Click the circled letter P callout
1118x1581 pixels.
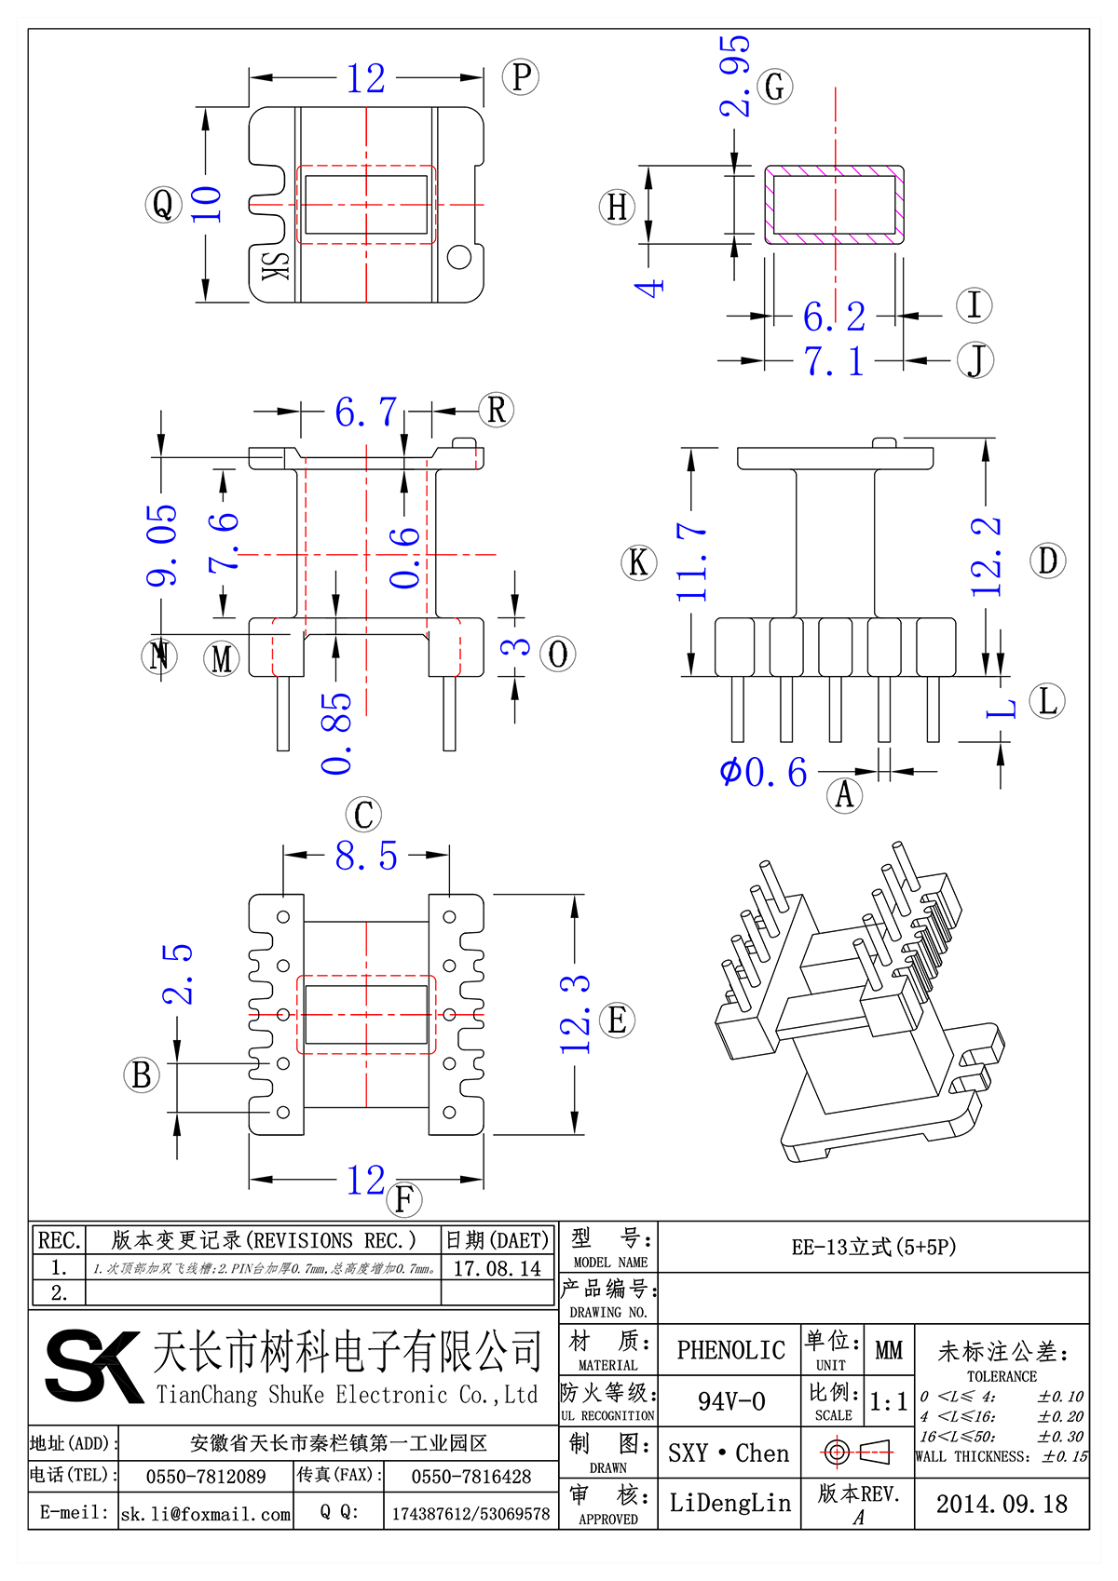pos(521,77)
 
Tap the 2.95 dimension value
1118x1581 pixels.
pos(735,76)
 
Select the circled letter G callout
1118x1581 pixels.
pos(774,88)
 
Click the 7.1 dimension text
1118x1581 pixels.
pos(834,361)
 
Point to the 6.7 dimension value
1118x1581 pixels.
pos(366,412)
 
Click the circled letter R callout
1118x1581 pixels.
pos(497,410)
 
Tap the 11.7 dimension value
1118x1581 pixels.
pos(691,561)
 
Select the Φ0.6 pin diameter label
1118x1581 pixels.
pos(763,773)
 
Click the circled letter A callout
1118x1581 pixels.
pos(845,796)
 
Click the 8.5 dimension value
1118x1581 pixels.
pos(366,857)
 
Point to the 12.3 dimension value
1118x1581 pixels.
pos(575,1015)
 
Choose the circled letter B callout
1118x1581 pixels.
pos(142,1075)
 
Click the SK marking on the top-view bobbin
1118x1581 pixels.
pos(276,266)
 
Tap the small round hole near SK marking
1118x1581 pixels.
pos(459,256)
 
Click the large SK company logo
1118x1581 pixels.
pos(93,1366)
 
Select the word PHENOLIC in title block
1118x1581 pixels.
pos(730,1350)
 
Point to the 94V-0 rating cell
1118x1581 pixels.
pos(731,1401)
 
